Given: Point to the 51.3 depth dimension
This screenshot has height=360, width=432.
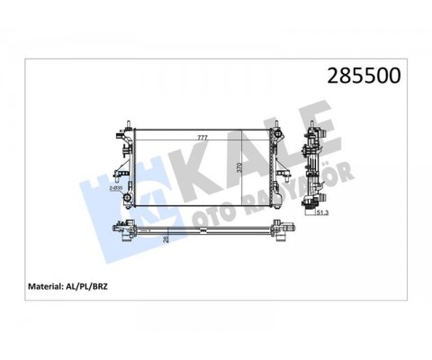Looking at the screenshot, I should click(x=321, y=212).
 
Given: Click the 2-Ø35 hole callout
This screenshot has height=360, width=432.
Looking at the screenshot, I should click(x=115, y=188).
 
